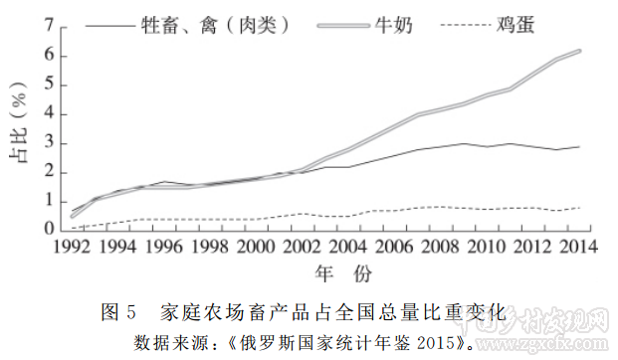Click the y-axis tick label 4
pyautogui.click(x=48, y=114)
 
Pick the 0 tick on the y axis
pyautogui.click(x=48, y=230)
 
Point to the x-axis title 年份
pyautogui.click(x=327, y=272)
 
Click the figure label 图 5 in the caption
pyautogui.click(x=118, y=312)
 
